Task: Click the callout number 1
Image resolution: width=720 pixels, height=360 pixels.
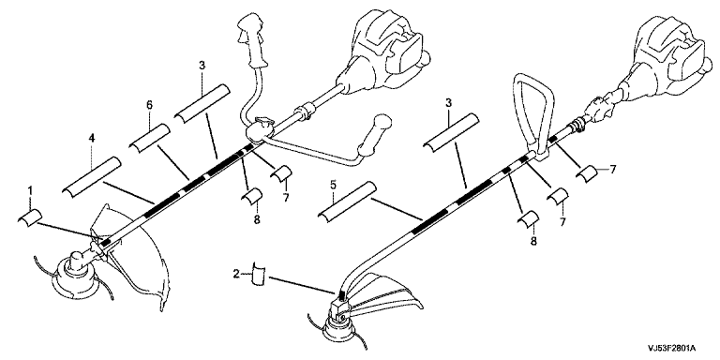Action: click(30, 189)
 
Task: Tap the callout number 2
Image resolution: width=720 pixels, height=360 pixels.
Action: click(236, 275)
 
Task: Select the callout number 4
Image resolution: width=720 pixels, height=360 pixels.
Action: click(92, 138)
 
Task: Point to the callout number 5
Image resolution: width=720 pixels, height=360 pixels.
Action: click(334, 186)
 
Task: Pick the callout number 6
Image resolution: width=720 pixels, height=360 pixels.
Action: click(149, 105)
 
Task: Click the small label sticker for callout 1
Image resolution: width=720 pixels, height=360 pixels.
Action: click(30, 217)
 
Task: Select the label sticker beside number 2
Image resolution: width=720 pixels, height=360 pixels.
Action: click(259, 275)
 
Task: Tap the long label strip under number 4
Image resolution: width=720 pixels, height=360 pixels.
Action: click(91, 177)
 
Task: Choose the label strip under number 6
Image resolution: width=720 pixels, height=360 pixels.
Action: click(149, 136)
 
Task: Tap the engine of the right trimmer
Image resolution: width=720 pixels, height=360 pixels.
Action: click(666, 60)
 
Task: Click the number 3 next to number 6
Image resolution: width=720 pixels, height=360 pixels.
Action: click(202, 66)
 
